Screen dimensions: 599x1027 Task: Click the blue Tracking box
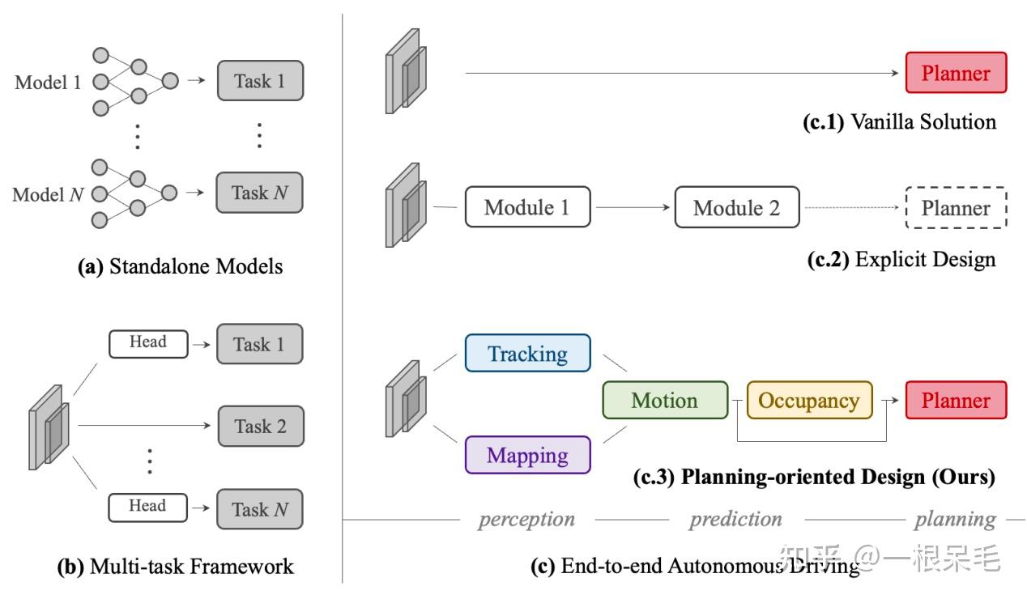pyautogui.click(x=527, y=354)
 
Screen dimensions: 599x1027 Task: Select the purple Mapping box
pyautogui.click(x=527, y=455)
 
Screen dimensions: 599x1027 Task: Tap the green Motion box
pyautogui.click(x=665, y=401)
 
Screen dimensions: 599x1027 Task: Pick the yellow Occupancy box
pyautogui.click(x=809, y=401)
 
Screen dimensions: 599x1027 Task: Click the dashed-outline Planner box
pyautogui.click(x=956, y=208)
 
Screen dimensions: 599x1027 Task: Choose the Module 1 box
pyautogui.click(x=527, y=207)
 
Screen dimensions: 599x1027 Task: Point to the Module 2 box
pyautogui.click(x=737, y=207)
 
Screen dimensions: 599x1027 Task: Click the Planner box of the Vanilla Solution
pyautogui.click(x=956, y=74)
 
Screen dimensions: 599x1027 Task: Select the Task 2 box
pyautogui.click(x=260, y=427)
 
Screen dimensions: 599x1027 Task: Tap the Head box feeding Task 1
pyautogui.click(x=147, y=342)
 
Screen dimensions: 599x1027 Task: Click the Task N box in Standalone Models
pyautogui.click(x=260, y=193)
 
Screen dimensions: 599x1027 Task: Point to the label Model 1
pyautogui.click(x=49, y=82)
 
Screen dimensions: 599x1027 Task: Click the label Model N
pyautogui.click(x=49, y=194)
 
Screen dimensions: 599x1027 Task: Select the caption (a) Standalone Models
pyautogui.click(x=180, y=266)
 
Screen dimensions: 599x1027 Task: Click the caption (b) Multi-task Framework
pyautogui.click(x=175, y=567)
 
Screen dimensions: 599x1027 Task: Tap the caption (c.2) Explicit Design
pyautogui.click(x=901, y=259)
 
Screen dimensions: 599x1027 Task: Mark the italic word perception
pyautogui.click(x=526, y=519)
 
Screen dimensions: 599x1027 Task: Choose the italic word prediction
pyautogui.click(x=735, y=519)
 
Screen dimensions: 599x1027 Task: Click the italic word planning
pyautogui.click(x=955, y=519)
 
